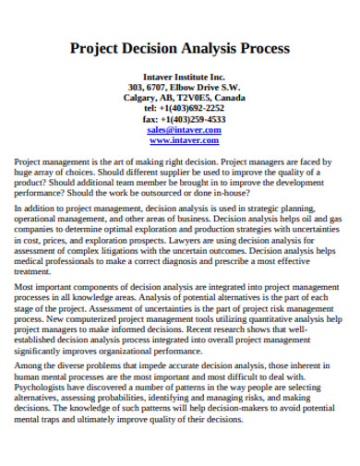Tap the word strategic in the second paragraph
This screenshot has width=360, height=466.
point(278,211)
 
